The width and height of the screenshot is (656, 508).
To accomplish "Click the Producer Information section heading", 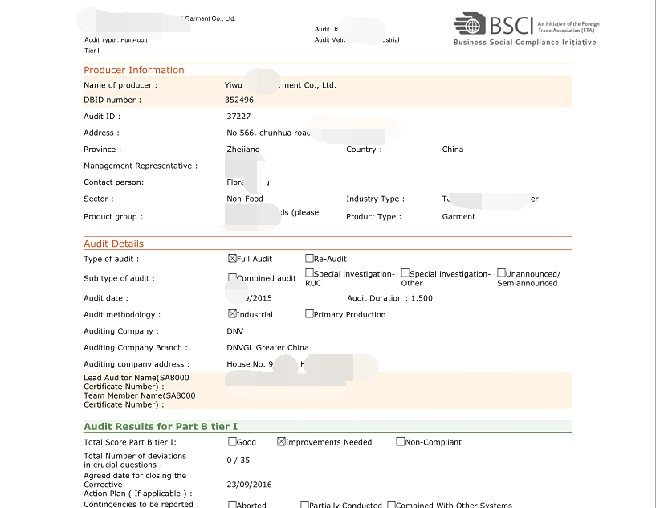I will [x=134, y=70].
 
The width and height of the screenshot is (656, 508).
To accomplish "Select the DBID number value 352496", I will [x=239, y=100].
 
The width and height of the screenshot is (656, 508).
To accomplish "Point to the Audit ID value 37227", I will [x=238, y=117].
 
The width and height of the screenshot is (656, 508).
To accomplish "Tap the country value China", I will [x=452, y=150].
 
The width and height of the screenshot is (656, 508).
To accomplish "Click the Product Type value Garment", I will [x=458, y=217].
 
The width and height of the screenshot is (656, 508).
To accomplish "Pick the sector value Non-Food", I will [x=245, y=199].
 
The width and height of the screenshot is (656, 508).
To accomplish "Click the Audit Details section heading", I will [x=114, y=244].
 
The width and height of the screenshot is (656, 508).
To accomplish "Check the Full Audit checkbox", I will [x=233, y=259].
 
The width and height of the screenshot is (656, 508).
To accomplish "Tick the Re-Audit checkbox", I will [x=309, y=259].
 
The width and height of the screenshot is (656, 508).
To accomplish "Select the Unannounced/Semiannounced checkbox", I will [x=501, y=273].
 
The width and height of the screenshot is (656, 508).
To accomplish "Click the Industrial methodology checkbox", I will [x=232, y=314].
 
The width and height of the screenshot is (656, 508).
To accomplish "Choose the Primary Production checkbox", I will [x=309, y=314].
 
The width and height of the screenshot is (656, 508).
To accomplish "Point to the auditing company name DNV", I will [x=235, y=331].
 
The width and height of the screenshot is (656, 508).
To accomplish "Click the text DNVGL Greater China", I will [x=267, y=348].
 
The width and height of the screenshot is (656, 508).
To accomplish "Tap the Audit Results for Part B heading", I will [x=161, y=427].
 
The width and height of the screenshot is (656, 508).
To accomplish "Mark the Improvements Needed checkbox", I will [x=282, y=442].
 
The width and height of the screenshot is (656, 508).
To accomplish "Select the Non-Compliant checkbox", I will [x=400, y=442].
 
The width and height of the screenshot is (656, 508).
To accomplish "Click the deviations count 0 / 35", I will [x=238, y=461].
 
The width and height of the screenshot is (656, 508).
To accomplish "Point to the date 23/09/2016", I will [x=249, y=485].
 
